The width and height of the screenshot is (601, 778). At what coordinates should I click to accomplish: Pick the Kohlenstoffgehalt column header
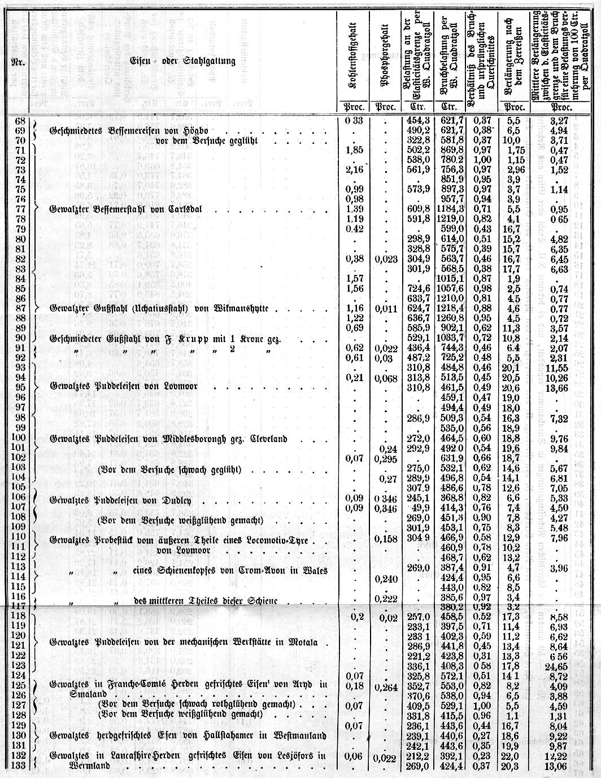(355, 62)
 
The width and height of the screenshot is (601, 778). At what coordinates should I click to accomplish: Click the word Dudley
(178, 500)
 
